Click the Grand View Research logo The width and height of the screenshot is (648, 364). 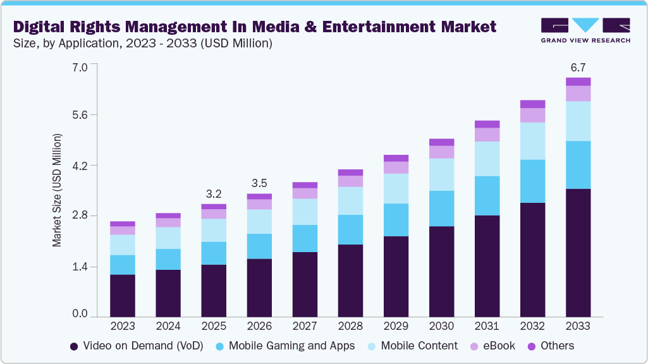pos(585,30)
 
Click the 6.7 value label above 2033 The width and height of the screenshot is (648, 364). pos(578,67)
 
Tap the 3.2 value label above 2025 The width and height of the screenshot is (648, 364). pos(214,193)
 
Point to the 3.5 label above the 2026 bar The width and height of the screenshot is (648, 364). pos(259,183)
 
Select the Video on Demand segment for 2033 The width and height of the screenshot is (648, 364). pos(578,253)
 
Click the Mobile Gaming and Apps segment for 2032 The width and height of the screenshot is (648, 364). pos(532,181)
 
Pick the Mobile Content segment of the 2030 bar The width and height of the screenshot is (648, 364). pos(441,174)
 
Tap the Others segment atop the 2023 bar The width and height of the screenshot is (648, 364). pos(123,224)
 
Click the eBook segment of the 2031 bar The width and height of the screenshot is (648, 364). pos(487,135)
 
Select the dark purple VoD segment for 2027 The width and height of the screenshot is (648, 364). pos(305,284)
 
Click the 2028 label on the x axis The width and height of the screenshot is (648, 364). pos(350,326)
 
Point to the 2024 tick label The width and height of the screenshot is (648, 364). pos(168,326)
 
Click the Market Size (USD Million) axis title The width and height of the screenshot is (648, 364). pos(57,190)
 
